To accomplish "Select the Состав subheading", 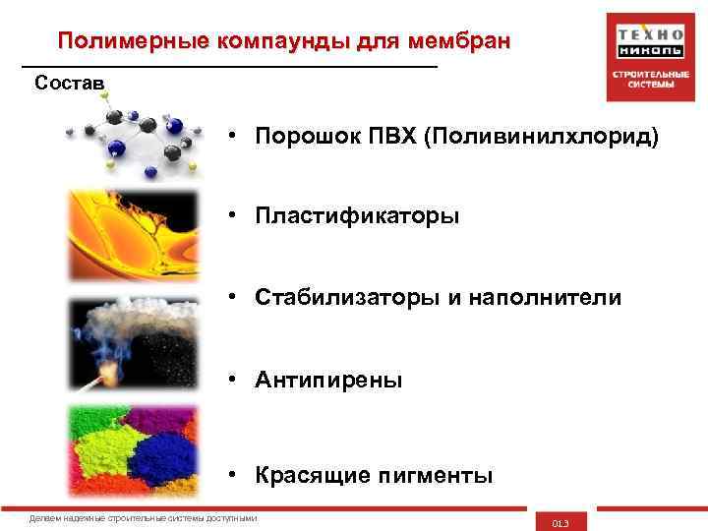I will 69,82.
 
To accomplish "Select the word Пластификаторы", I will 357,215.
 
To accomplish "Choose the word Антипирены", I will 328,380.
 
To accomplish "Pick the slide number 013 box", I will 560,521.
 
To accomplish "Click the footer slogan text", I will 144,518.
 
